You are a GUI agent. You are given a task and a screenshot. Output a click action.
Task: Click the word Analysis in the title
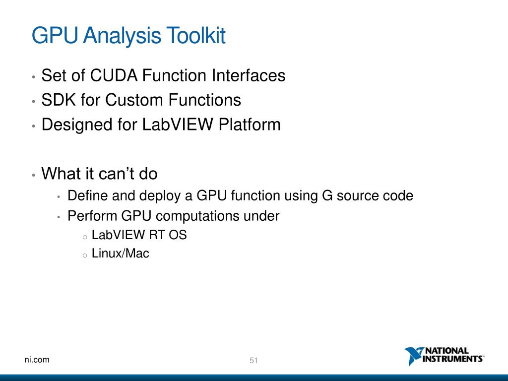point(122,36)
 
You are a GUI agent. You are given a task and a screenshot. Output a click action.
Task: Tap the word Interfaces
point(249,76)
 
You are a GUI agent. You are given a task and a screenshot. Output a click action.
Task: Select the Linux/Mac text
point(121,254)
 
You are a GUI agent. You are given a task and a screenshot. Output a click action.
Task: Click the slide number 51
point(254,361)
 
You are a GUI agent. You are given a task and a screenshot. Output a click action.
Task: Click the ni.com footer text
point(37,360)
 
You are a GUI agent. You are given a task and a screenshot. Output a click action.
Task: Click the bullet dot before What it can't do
point(33,175)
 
